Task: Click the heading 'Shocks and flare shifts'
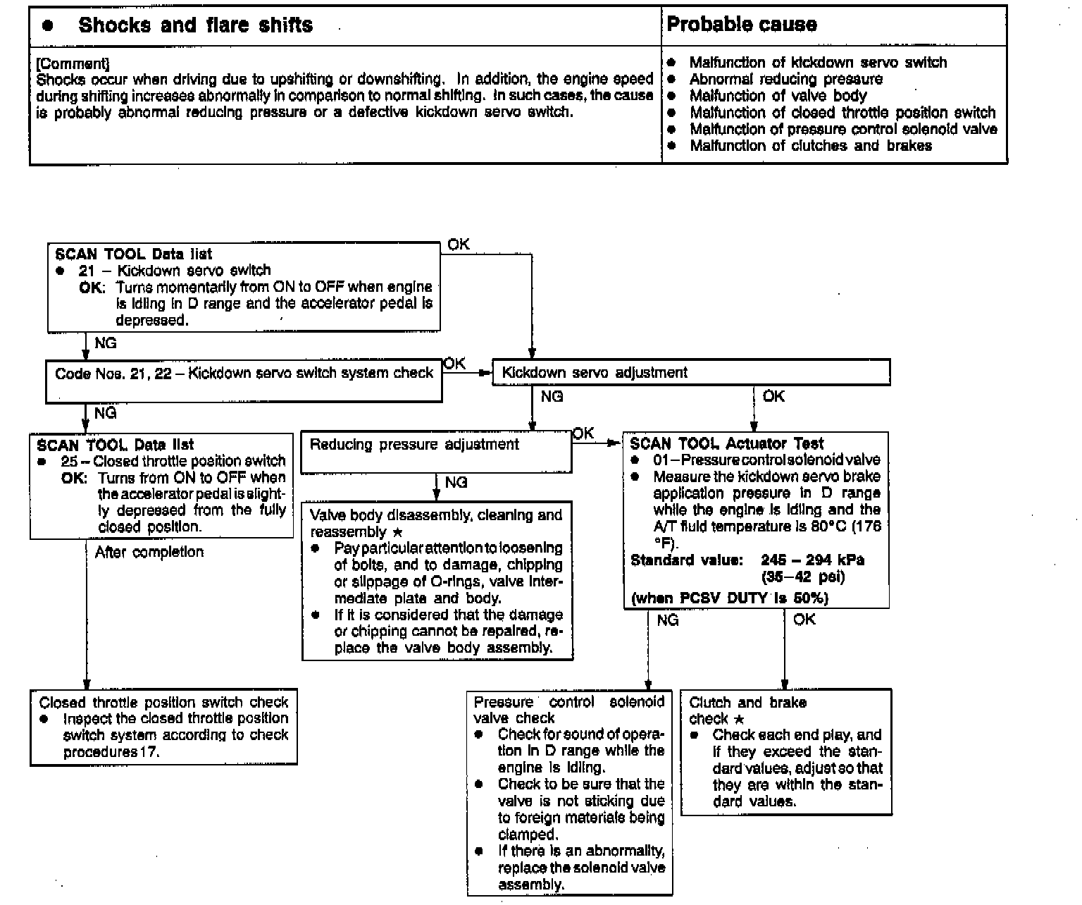click(195, 25)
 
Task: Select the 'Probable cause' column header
click(742, 25)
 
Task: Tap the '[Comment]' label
click(73, 63)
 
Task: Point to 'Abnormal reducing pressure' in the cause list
click(785, 79)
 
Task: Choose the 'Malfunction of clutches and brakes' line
click(810, 146)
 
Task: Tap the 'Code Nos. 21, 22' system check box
click(244, 373)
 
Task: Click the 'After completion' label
click(149, 552)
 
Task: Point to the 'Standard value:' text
click(687, 560)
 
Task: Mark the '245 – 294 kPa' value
click(812, 560)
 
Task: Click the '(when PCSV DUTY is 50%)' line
click(730, 598)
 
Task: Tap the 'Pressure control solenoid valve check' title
click(568, 710)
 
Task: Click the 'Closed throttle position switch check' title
click(163, 702)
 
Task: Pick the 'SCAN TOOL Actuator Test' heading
click(726, 444)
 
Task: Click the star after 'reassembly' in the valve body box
click(397, 533)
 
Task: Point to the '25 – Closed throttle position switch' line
click(173, 462)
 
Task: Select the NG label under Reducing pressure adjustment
click(456, 483)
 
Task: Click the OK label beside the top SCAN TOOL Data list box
click(458, 245)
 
